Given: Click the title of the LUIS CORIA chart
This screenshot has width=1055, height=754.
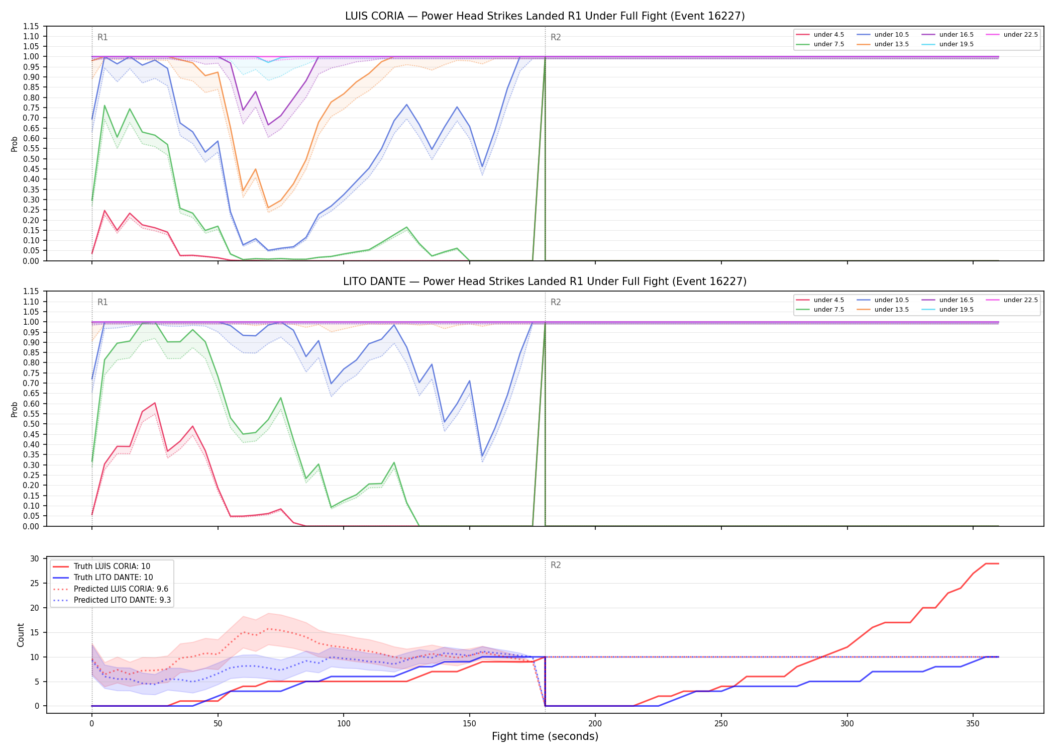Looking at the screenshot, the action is tap(545, 16).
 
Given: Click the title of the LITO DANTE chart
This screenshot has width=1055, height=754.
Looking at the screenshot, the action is tap(545, 281).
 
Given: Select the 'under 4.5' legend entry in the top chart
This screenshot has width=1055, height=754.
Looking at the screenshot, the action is tap(820, 35).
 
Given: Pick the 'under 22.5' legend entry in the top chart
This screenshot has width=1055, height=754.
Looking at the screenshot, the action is tap(1012, 35).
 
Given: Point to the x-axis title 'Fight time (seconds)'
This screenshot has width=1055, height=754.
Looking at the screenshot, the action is tap(545, 736).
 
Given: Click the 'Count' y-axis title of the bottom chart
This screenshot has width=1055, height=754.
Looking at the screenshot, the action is tap(21, 635).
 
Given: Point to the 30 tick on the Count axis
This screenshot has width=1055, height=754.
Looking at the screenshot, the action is tap(35, 559).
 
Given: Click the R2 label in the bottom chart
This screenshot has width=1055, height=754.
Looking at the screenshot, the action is tap(556, 565).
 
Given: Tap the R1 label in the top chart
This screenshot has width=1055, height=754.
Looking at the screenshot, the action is tap(102, 37).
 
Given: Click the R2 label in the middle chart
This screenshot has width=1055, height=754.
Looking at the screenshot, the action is tap(556, 302).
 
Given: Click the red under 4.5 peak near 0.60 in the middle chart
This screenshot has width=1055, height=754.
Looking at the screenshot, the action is tap(155, 403).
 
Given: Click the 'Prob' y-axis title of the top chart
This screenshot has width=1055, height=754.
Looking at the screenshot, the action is tap(15, 144).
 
